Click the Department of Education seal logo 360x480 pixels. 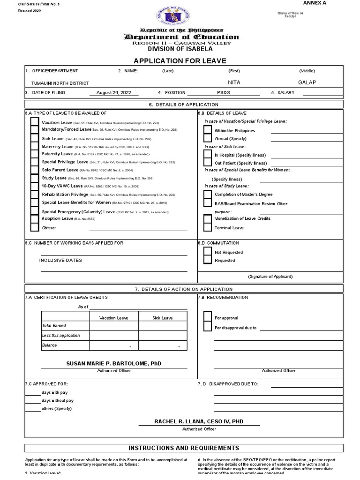180,14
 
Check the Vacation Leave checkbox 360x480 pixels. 34,122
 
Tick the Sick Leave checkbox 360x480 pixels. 34,139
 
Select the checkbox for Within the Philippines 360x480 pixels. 207,130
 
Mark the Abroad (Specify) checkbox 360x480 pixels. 207,138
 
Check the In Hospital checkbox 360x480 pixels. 207,155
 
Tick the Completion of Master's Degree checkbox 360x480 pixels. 207,194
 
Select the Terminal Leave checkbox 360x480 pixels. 207,227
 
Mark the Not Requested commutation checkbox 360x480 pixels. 207,252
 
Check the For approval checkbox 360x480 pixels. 207,317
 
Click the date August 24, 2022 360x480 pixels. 114,93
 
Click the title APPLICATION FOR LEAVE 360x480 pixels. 180,61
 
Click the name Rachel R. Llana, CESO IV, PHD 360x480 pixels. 199,421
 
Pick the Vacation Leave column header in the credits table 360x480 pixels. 114,318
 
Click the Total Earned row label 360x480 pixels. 54,325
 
